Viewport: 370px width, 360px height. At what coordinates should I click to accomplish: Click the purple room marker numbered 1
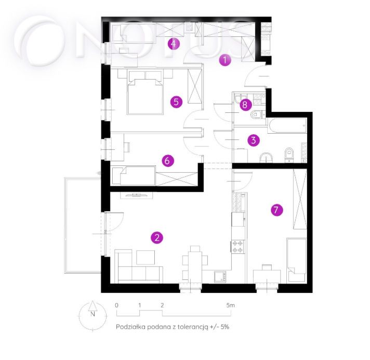point(225,60)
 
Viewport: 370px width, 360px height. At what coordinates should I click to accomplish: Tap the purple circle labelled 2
point(157,238)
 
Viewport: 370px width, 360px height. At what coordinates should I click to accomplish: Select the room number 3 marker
point(254,140)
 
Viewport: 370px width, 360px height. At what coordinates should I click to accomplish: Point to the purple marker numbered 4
point(174,44)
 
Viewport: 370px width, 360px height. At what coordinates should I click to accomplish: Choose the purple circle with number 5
point(176,102)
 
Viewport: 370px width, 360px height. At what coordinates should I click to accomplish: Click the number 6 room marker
point(167,161)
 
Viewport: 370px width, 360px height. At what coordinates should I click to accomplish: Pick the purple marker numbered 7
point(277,210)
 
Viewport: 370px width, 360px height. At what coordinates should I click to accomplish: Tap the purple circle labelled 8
point(245,105)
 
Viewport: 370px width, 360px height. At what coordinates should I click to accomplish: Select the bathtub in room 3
point(287,126)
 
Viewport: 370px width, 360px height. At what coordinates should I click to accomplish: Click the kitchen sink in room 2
point(220,277)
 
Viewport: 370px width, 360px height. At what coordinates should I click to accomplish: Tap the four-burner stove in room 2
point(237,247)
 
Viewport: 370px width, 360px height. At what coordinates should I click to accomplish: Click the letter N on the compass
point(92,314)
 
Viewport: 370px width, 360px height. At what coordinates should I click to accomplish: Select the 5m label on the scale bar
point(231,305)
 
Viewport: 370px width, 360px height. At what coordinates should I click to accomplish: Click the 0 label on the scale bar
point(116,305)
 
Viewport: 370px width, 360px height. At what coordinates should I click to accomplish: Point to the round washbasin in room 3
point(266,158)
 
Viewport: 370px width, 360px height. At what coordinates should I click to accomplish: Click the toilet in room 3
point(289,155)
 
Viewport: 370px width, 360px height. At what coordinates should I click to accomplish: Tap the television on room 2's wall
point(136,195)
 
